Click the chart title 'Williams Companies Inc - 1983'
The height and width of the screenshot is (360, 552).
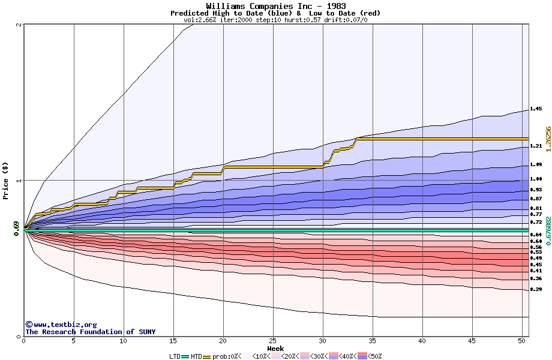coord(275,6)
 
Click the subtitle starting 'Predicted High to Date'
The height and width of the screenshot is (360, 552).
coord(275,13)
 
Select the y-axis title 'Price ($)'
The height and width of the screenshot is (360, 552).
coord(6,181)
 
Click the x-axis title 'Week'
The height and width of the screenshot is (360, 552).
coord(275,348)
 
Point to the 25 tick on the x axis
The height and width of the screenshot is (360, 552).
coord(273,341)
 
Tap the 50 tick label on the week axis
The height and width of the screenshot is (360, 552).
coord(522,341)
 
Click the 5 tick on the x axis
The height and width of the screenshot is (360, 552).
coord(74,341)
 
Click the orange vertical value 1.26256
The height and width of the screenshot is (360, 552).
coord(547,142)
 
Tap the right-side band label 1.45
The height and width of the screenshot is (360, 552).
coord(536,109)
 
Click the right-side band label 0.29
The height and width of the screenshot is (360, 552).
coord(536,289)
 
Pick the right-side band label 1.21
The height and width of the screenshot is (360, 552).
coord(536,146)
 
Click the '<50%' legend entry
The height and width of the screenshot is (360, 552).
coord(372,356)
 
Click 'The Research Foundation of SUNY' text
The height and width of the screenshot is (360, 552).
coord(90,332)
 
